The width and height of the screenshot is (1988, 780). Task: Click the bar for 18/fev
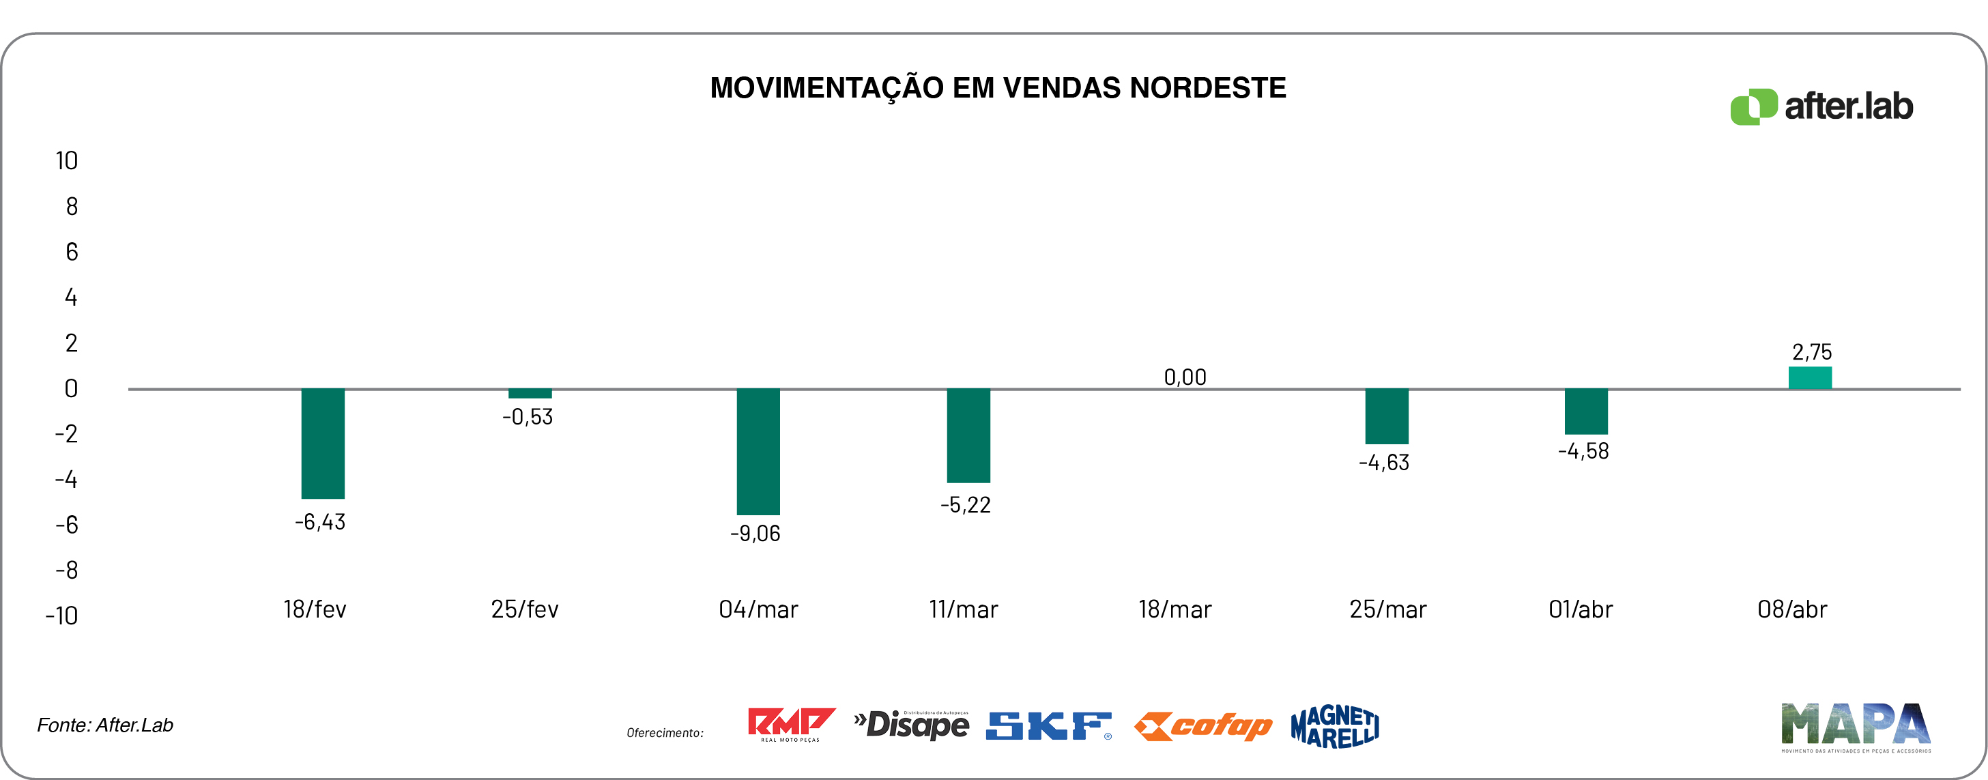[323, 444]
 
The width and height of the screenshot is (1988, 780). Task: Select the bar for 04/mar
[758, 451]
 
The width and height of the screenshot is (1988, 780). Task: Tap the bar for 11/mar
[968, 436]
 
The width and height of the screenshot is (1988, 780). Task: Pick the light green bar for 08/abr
[1810, 378]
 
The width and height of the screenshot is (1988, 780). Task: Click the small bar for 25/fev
[530, 394]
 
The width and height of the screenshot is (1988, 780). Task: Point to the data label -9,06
[755, 533]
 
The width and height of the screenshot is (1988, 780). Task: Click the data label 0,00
[1185, 377]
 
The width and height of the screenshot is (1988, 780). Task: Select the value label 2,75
[1811, 353]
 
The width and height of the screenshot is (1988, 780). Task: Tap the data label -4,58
[1583, 451]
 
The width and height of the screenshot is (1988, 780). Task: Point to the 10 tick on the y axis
[66, 160]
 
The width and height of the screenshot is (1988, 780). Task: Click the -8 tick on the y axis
[66, 570]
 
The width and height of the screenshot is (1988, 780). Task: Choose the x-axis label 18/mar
[1175, 609]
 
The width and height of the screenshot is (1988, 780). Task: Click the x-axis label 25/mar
[1387, 609]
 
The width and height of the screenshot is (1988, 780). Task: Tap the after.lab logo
[1821, 106]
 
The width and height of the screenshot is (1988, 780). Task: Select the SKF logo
[1048, 726]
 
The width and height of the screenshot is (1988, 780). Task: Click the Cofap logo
[1202, 726]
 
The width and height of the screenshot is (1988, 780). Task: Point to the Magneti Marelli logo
[1334, 726]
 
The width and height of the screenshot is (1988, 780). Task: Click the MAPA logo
[1855, 726]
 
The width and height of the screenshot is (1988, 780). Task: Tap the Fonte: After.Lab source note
[105, 725]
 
